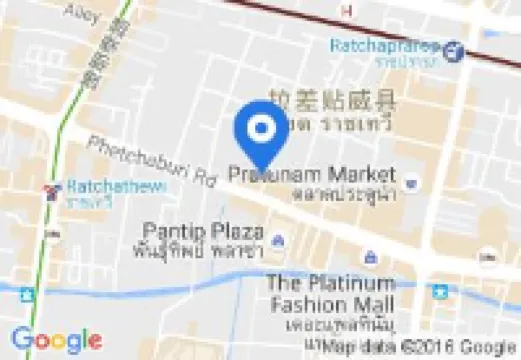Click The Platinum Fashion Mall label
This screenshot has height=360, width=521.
(330, 291)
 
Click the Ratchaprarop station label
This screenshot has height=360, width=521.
(385, 45)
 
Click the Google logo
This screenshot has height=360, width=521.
(57, 340)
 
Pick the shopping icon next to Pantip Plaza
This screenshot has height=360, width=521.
(277, 239)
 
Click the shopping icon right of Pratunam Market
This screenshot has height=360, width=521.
(413, 182)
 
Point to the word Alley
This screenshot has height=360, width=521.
(81, 12)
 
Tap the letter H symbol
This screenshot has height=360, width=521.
(347, 10)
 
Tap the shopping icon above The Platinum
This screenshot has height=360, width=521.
(370, 257)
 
